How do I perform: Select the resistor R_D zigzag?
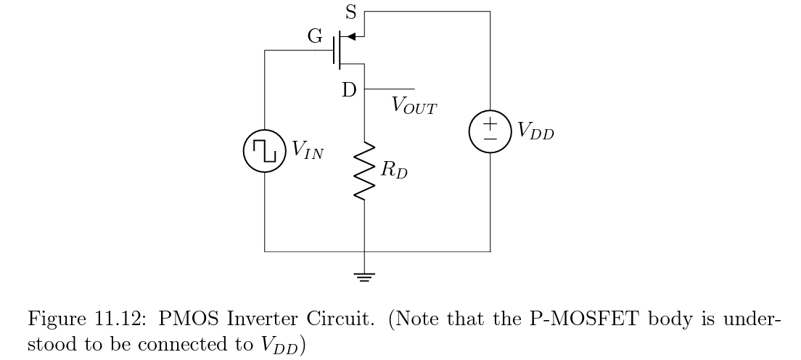tap(364, 171)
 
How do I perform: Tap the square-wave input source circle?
tap(265, 151)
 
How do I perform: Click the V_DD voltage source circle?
tap(490, 131)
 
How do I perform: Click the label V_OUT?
tap(414, 105)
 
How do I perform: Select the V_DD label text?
tap(535, 131)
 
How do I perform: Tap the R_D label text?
tap(394, 172)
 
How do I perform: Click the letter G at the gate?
tap(316, 38)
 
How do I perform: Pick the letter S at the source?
tap(351, 13)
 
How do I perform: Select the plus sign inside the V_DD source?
tap(490, 123)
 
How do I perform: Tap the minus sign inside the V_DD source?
tap(490, 138)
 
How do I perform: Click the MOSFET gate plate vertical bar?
tap(337, 51)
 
